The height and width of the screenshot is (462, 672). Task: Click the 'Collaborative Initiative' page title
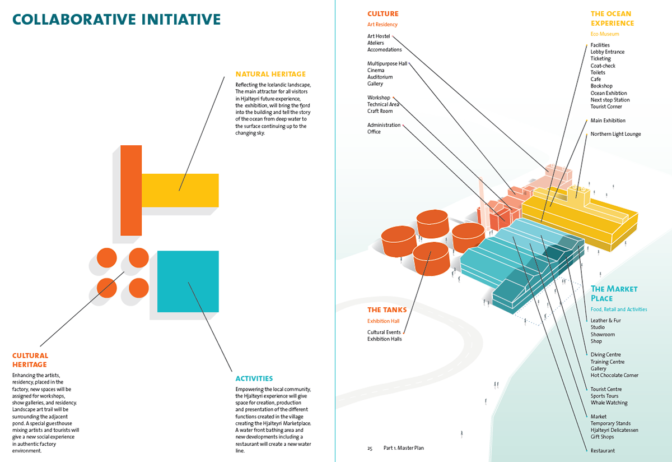116,20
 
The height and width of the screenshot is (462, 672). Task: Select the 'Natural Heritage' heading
270,74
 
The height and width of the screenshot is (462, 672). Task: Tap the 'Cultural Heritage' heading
30,360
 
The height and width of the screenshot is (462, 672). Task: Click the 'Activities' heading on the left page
254,378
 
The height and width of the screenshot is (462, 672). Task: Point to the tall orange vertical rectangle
131,190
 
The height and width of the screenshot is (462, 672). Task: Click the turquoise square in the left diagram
188,281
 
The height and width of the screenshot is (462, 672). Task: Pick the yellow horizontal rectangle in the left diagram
180,190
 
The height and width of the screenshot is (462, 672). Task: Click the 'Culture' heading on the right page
383,13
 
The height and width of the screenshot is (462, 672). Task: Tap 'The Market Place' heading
614,293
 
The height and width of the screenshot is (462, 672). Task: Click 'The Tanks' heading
387,310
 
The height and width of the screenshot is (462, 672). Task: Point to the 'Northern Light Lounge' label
615,134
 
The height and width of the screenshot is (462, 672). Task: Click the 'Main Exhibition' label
608,121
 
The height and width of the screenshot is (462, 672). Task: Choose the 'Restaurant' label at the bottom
602,451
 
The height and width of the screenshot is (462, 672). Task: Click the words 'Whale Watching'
609,403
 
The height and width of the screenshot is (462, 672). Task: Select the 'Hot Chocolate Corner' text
614,376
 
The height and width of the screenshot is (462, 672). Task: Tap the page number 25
370,449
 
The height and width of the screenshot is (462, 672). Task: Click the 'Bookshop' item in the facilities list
601,86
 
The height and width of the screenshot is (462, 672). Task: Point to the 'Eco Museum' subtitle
605,34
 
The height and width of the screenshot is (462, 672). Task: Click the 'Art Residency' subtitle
382,25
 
